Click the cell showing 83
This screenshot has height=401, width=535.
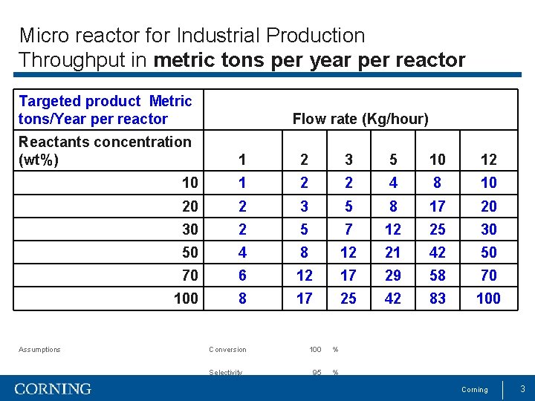[438, 299]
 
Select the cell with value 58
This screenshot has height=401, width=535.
[438, 276]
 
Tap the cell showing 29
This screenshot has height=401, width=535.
[393, 276]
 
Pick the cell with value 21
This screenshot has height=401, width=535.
[393, 252]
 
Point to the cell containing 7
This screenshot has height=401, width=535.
[348, 229]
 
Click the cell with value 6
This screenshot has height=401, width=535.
[241, 276]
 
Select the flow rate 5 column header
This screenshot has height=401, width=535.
[393, 160]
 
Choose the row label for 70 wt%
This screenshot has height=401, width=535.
[190, 276]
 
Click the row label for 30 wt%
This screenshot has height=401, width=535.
[190, 229]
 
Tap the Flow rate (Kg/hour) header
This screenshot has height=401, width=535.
[360, 119]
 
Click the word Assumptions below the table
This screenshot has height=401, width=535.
[39, 350]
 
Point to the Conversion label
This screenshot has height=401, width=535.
[227, 350]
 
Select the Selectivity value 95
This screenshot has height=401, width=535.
[317, 372]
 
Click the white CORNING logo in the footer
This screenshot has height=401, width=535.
[53, 389]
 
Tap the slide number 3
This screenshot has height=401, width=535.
[522, 389]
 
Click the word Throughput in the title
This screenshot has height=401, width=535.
[63, 59]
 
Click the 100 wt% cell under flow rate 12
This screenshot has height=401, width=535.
[488, 299]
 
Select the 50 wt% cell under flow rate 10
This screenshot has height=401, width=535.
[438, 252]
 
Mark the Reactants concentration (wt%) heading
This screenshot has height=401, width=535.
[105, 150]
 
